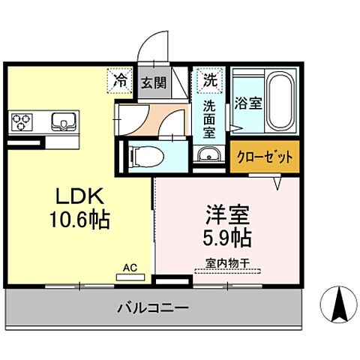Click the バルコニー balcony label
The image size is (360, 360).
coord(152,307)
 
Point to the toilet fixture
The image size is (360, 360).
coord(145,157)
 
